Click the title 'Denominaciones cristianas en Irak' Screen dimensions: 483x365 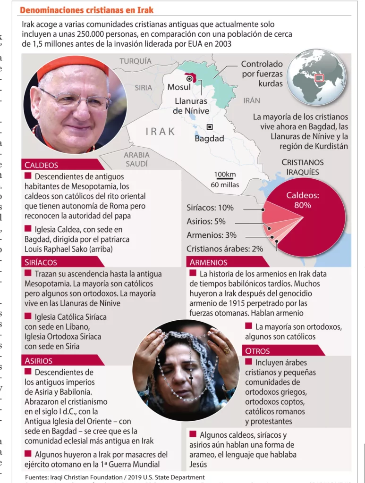(86, 10)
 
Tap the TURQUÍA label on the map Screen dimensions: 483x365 (136, 61)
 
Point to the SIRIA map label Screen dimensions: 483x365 (143, 87)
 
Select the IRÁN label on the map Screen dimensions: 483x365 (252, 100)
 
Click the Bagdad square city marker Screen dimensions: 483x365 (210, 127)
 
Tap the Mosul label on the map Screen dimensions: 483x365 (179, 87)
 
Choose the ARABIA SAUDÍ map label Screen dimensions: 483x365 (136, 159)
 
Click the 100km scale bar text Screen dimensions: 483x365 (225, 175)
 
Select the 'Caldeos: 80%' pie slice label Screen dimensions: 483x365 (303, 200)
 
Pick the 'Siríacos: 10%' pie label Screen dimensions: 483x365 (210, 208)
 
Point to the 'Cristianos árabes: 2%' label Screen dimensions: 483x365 (225, 249)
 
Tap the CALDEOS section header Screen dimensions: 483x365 (42, 165)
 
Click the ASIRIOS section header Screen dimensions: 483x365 (39, 360)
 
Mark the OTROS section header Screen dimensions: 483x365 (258, 350)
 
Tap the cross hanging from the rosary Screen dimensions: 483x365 (191, 379)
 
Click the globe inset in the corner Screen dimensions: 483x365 (317, 77)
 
